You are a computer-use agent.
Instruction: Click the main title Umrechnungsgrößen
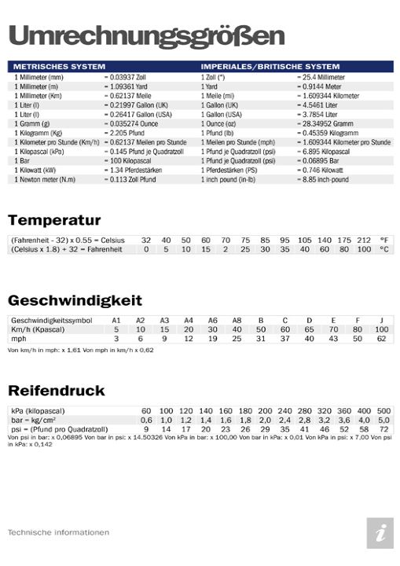146,35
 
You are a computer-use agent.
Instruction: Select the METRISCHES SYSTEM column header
60,67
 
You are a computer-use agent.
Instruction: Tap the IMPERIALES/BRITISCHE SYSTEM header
270,67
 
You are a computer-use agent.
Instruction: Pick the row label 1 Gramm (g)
32,123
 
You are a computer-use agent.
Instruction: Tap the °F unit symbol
383,239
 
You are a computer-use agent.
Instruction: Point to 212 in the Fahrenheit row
363,239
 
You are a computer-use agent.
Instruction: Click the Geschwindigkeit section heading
75,300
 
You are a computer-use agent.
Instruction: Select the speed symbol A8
237,320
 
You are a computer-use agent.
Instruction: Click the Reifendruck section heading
57,391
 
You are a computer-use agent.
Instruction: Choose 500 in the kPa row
383,411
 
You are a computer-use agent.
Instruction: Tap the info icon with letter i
380,533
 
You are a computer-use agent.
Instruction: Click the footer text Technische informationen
58,532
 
